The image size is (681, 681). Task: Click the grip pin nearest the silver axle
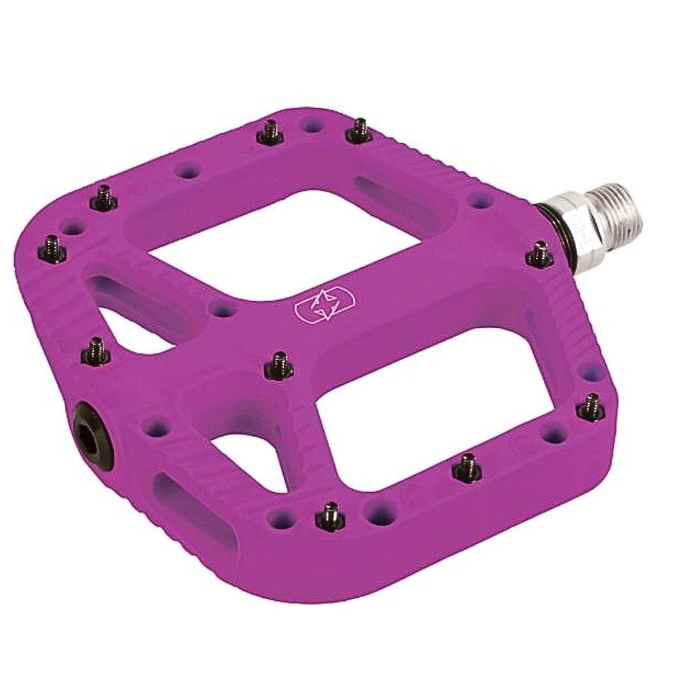pyautogui.click(x=538, y=255)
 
